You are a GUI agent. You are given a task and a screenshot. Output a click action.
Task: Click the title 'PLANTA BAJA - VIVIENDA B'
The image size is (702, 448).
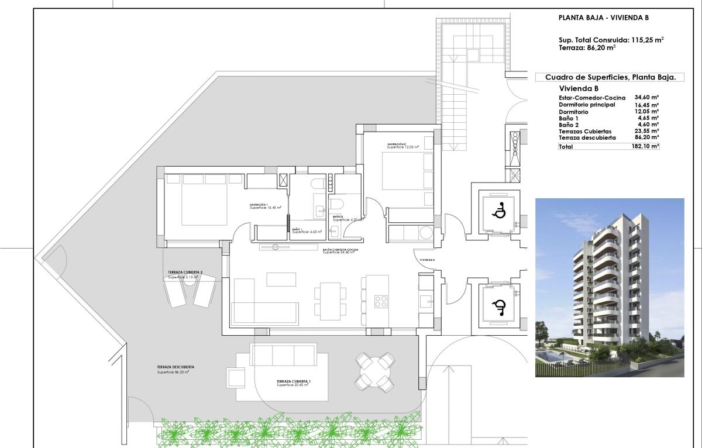pos(603,18)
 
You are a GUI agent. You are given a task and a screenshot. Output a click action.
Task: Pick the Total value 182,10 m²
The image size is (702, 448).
pos(645,147)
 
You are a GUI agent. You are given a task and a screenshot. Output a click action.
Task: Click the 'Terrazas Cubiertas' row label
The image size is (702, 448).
pos(585,132)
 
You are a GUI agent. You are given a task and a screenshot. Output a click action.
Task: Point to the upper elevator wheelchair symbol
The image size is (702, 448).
pos(499,211)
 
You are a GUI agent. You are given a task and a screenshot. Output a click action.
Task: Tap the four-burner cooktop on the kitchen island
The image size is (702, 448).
pos(381,302)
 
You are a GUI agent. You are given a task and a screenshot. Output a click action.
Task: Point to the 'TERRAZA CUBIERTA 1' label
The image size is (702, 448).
pos(294,381)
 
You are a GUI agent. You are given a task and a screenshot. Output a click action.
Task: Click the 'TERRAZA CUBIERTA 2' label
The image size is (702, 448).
pos(185,273)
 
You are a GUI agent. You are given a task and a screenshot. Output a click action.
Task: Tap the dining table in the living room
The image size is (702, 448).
pos(329,301)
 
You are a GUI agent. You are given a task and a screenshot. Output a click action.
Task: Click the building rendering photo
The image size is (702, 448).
pos(610,287)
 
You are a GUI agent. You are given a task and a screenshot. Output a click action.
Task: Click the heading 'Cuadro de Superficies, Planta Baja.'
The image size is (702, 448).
pos(610,77)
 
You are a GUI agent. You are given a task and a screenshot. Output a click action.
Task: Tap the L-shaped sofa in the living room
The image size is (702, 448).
pos(263,304)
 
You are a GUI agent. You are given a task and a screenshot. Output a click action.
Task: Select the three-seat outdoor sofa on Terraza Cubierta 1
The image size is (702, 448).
pos(283,354)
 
